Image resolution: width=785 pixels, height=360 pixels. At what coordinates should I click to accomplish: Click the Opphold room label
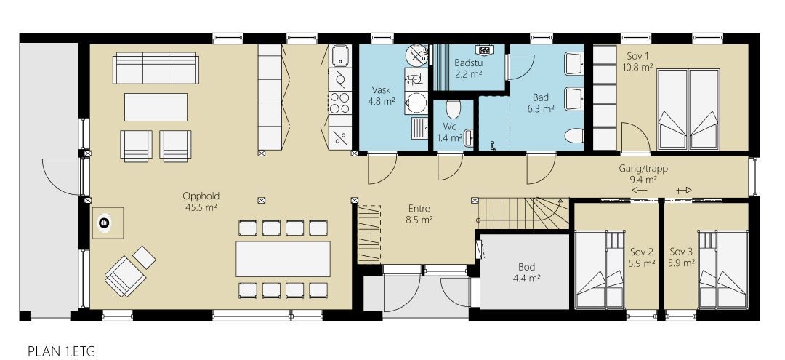coord(201,196)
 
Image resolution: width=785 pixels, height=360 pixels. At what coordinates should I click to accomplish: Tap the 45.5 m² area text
coord(201,207)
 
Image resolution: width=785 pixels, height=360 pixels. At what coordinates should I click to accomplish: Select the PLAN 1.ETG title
coord(61,351)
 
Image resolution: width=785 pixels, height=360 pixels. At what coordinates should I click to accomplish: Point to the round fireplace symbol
coord(104,223)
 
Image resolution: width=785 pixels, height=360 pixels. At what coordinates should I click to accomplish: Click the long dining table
coord(283,259)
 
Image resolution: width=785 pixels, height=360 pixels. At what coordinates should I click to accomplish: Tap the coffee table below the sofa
coord(156,107)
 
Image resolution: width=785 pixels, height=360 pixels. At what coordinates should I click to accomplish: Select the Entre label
coord(419,209)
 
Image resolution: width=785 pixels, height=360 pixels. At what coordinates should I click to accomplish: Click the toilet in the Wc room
coord(453,108)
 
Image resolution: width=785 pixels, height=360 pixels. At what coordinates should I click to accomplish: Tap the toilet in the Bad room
coord(575,136)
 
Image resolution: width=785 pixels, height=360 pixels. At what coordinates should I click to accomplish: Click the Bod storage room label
coord(527,267)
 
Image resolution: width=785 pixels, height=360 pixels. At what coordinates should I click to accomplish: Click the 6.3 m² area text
coord(541,108)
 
